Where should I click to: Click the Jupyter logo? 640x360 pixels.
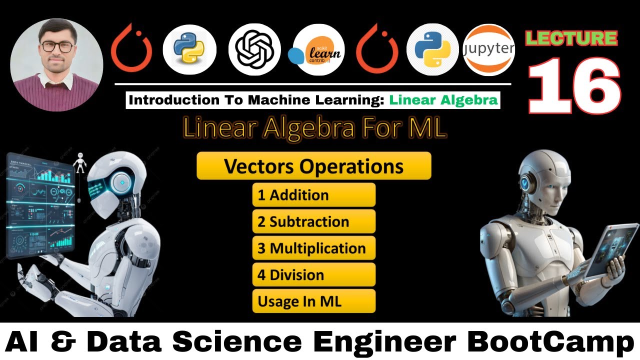pos(488,49)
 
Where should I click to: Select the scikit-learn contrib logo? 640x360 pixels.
pos(318,49)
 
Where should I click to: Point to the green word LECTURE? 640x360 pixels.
pos(571,38)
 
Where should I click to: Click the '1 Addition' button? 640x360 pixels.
pos(313,195)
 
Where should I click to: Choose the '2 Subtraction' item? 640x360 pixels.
pos(313,221)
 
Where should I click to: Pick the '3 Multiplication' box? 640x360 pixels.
pos(313,248)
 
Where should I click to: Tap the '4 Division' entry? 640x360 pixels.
pos(313,274)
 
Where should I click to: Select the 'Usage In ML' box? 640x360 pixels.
pos(313,301)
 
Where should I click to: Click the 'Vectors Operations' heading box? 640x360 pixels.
pos(313,166)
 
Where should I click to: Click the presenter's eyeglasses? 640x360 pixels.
pos(56,46)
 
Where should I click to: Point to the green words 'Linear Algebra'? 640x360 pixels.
pos(443,100)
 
